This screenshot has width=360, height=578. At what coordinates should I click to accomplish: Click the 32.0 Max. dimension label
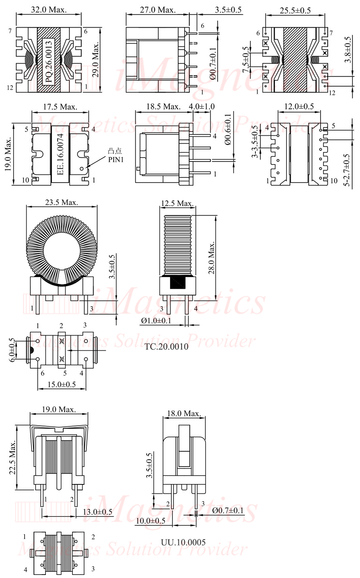pyautogui.click(x=49, y=10)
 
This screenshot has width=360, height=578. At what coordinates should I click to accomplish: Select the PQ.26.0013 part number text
pyautogui.click(x=49, y=62)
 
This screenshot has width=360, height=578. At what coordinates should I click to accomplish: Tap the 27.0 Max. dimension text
pyautogui.click(x=158, y=10)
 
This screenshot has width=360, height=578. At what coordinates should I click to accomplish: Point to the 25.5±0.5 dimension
pyautogui.click(x=295, y=11)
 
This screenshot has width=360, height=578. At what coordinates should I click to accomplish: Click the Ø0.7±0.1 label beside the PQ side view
pyautogui.click(x=213, y=63)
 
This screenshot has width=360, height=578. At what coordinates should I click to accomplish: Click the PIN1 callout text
pyautogui.click(x=116, y=160)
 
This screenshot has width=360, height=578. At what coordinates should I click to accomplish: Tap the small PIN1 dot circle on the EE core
pyautogui.click(x=82, y=169)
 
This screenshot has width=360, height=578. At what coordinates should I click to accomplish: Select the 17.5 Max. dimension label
pyautogui.click(x=60, y=107)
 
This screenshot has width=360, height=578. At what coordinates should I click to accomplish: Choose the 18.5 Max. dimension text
pyautogui.click(x=163, y=106)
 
